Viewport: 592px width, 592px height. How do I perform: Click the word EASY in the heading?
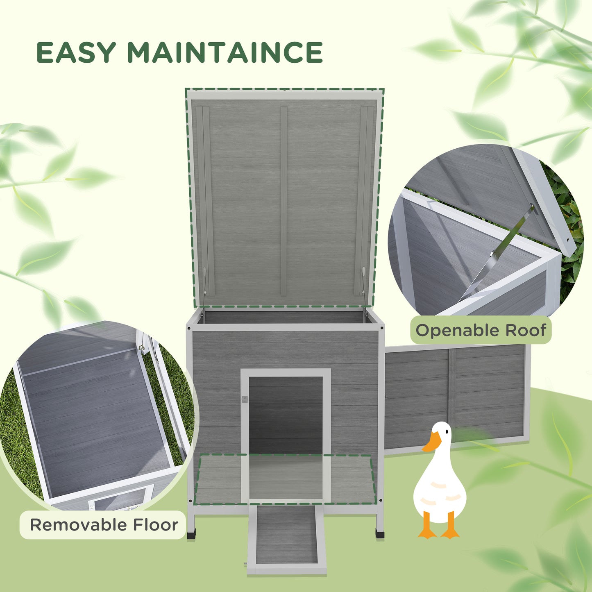[x=76, y=52]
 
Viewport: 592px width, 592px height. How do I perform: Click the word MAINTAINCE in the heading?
[x=225, y=52]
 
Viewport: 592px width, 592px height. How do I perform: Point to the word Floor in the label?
[x=156, y=525]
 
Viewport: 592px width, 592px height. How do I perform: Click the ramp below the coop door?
[x=286, y=537]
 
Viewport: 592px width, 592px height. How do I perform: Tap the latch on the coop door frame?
[x=245, y=399]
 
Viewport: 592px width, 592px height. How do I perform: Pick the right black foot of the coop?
[x=380, y=533]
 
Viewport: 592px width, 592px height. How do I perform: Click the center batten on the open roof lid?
[x=284, y=201]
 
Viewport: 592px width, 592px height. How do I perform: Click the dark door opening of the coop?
[x=286, y=414]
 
